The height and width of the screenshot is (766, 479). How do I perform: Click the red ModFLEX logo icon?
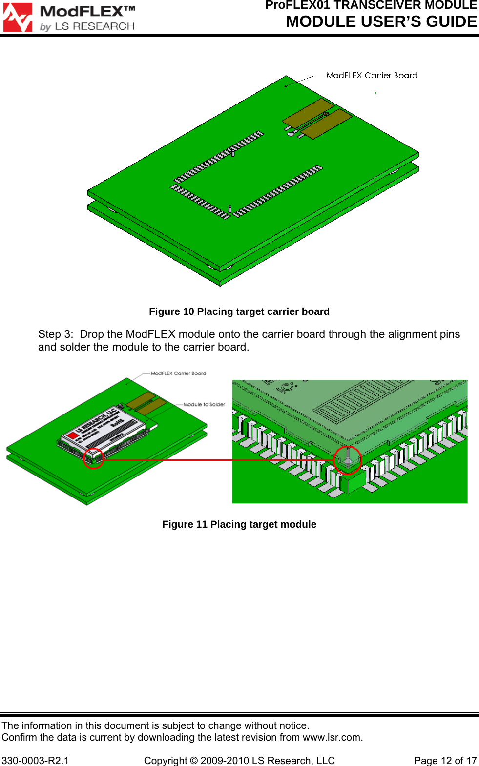tap(18, 18)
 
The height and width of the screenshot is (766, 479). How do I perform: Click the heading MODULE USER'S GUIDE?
tap(381, 22)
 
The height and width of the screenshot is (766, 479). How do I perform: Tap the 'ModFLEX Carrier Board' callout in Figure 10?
tap(372, 75)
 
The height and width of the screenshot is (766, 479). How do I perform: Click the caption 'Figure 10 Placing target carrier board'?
tap(239, 311)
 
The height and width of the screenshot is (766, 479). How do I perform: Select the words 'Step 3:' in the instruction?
tap(56, 334)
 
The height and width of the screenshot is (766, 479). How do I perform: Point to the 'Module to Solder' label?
tap(204, 404)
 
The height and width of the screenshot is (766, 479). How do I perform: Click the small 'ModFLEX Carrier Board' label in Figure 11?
tap(178, 373)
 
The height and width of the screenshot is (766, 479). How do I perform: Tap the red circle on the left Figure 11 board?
tap(93, 458)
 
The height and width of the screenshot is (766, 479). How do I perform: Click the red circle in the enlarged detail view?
tap(347, 460)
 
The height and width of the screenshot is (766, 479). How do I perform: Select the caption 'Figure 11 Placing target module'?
tap(239, 524)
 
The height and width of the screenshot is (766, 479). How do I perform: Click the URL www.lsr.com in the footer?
tap(332, 737)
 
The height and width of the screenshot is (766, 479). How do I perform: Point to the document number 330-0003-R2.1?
tap(35, 761)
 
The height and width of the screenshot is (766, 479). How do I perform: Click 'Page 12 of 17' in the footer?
tap(445, 761)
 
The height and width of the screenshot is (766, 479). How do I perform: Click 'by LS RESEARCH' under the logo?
tap(87, 26)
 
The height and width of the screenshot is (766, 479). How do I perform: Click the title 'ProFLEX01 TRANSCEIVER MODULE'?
tap(371, 5)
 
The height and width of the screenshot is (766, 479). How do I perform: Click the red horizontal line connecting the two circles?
tap(220, 460)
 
